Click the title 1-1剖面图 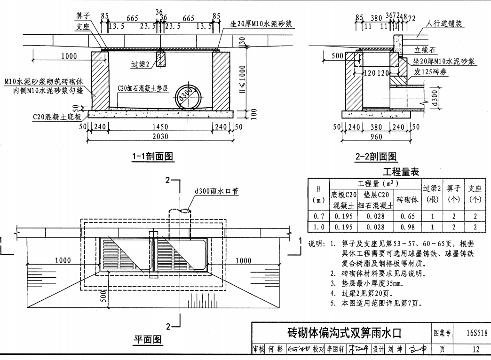153,157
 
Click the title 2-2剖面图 376,157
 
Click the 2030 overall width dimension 160,137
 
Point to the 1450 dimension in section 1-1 160,127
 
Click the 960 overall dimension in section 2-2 376,137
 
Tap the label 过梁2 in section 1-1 141,64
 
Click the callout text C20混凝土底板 57,116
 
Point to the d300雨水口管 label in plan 217,191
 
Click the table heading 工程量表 400,172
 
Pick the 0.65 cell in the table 407,216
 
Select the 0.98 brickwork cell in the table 407,227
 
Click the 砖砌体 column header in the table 407,200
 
